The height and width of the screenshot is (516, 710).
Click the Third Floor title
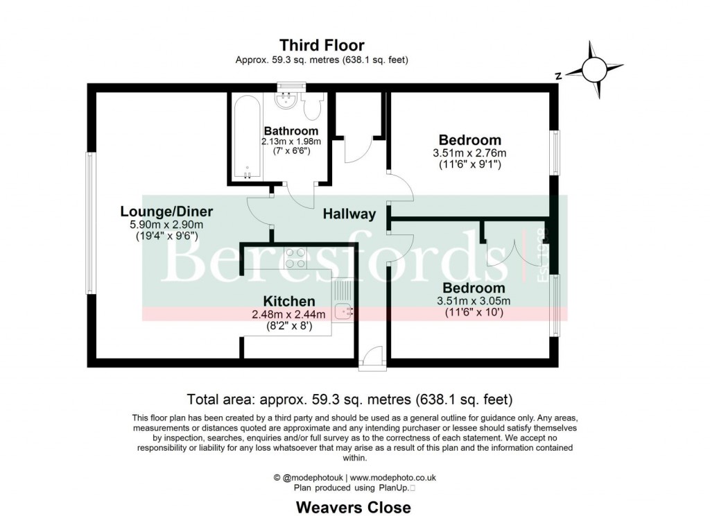[322, 46]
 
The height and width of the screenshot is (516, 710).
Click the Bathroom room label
[291, 131]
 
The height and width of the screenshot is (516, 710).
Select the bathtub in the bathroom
[246, 137]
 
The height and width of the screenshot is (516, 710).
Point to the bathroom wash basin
[286, 101]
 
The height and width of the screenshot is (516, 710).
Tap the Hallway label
[349, 214]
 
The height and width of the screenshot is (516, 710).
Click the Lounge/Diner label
[166, 212]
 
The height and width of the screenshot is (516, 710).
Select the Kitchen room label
[289, 301]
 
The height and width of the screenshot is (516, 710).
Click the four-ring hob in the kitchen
[295, 259]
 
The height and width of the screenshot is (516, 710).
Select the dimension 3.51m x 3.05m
[474, 300]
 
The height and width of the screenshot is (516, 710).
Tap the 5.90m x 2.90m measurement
[166, 224]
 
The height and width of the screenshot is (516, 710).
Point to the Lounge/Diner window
[89, 223]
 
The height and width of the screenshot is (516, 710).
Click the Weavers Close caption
[354, 507]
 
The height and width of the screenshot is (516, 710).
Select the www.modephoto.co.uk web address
[392, 478]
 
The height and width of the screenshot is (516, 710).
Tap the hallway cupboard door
[358, 149]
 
